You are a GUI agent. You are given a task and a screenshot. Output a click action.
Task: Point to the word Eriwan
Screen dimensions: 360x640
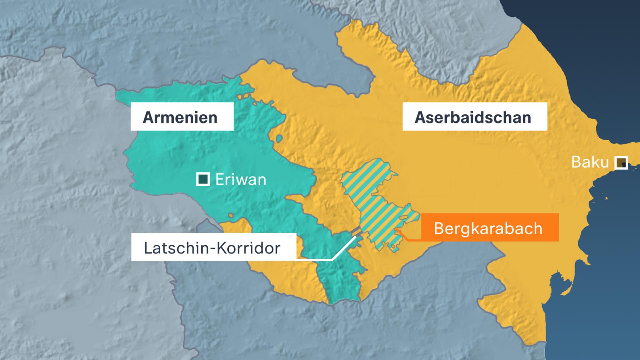click(x=241, y=180)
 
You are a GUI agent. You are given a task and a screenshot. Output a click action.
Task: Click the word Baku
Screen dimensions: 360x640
click(x=590, y=162)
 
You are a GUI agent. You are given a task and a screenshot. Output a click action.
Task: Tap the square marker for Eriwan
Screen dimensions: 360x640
click(x=203, y=179)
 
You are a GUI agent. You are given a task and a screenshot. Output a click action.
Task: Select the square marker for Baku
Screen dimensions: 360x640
click(x=621, y=163)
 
